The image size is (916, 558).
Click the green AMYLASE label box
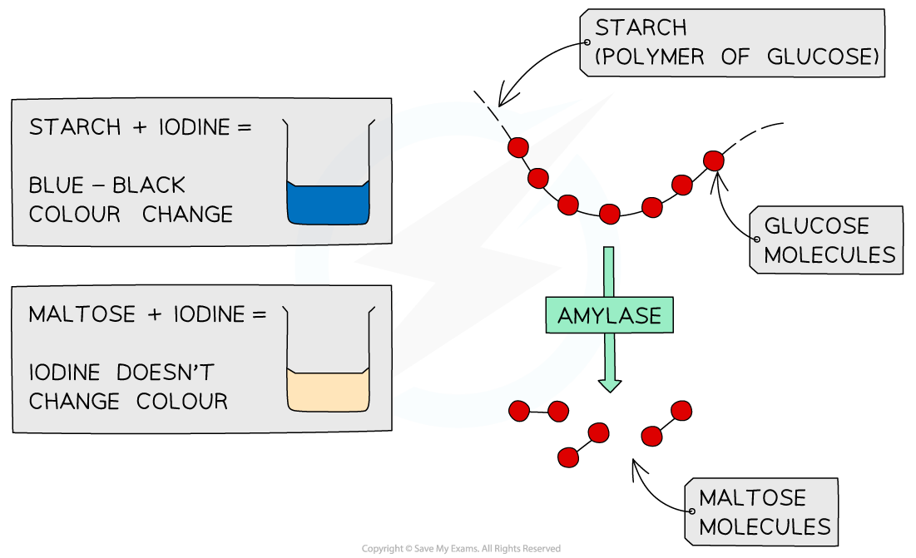coord(609,316)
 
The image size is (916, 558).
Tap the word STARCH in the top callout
coord(641,28)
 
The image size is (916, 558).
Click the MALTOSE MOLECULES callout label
coord(761,512)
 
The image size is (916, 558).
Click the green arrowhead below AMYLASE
coord(610,383)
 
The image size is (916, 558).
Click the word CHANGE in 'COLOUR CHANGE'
coord(187,215)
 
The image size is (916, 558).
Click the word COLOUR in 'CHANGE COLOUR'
coord(181,401)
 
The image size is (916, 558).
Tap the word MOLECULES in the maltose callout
coord(765,526)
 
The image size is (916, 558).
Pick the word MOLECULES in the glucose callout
coord(829,254)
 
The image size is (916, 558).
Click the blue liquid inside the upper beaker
coord(329,204)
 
